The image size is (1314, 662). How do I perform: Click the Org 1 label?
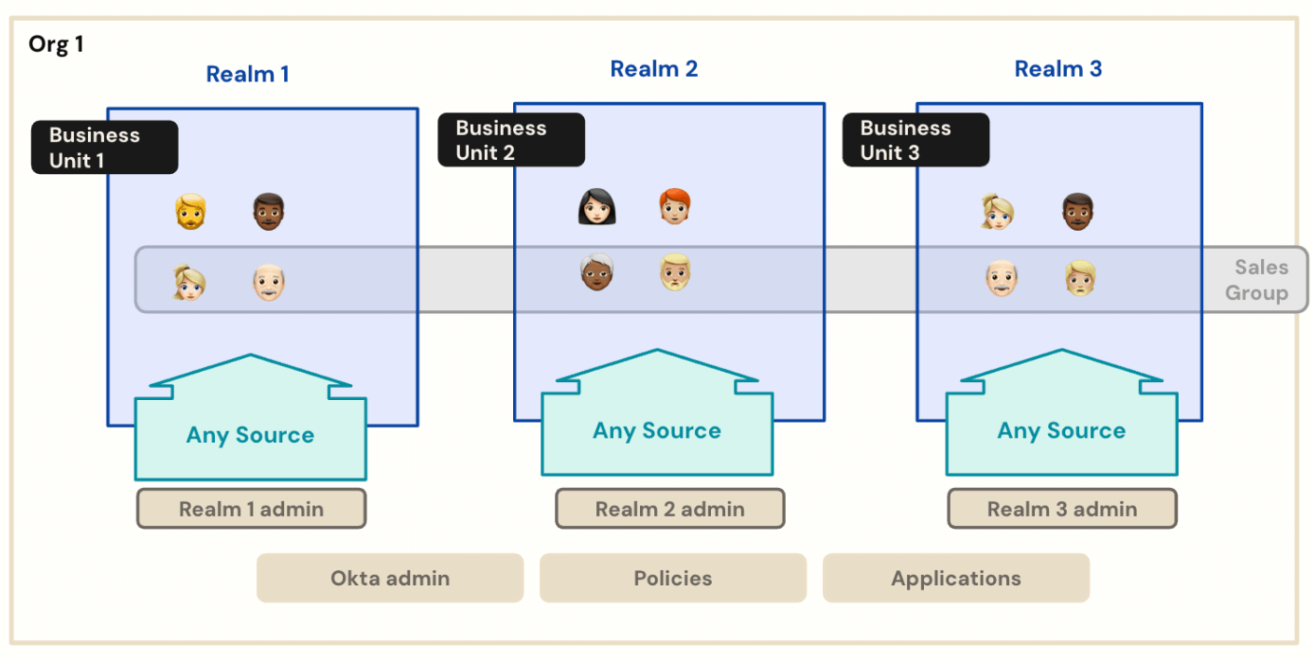56,44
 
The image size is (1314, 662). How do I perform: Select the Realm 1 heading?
248,74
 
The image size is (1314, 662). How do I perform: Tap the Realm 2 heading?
654,68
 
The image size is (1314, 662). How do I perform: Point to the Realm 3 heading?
1058,68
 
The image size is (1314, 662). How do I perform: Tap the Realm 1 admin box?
251,509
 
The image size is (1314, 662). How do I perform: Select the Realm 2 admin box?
669,509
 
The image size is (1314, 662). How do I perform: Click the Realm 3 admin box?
1061,509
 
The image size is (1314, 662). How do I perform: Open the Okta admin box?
390,578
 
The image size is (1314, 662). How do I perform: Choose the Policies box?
673,578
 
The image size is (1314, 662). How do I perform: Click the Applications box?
956,578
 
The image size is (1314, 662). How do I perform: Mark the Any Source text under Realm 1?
250,435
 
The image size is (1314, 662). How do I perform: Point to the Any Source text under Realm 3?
1061,430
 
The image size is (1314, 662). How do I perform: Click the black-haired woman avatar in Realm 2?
597,207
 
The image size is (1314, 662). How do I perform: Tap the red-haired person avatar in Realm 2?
675,207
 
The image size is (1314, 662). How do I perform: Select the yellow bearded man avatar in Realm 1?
190,211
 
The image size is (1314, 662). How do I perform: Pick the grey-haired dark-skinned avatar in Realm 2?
597,272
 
